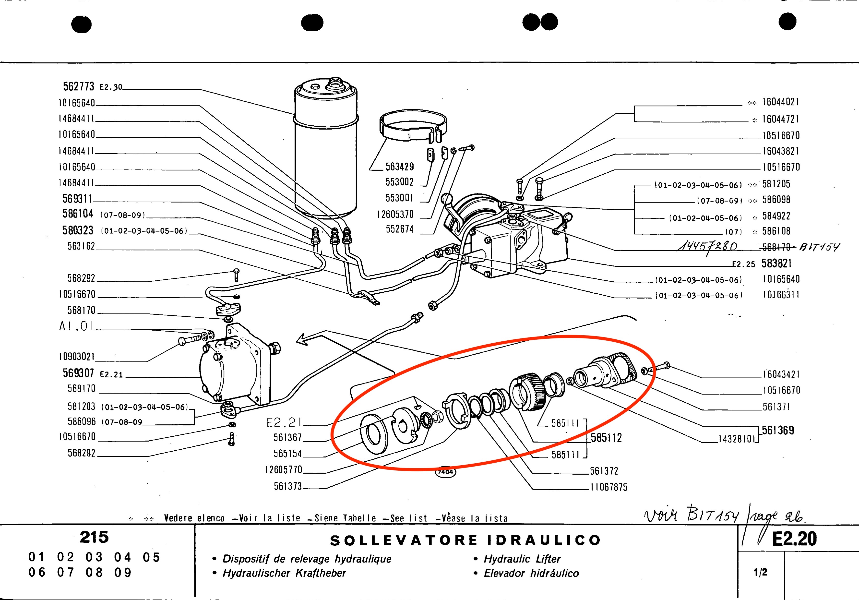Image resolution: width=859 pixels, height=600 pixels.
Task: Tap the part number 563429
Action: pos(400,167)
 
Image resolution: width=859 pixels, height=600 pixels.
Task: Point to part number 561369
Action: pos(778,431)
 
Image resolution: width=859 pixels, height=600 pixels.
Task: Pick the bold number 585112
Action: pos(606,438)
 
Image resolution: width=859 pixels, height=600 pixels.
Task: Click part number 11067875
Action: pos(609,487)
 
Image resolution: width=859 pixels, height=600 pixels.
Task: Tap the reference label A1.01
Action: pos(76,326)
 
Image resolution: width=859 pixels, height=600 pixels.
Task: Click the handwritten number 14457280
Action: pos(707,247)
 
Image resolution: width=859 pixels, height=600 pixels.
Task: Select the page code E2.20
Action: pos(794,539)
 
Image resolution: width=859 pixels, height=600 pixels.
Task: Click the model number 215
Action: pos(94,538)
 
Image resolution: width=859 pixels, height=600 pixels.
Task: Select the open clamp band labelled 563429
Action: pos(413,126)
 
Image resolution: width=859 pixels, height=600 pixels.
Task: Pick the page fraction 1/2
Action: pos(761,572)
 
